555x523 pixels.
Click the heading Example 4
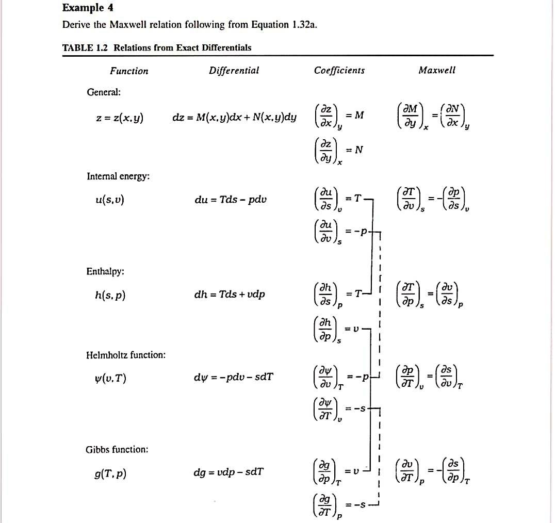pos(88,8)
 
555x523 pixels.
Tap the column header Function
pos(129,71)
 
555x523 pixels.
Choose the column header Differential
pos(234,71)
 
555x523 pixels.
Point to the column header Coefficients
pos(339,71)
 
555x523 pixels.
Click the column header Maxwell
pos(437,71)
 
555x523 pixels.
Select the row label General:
pos(104,92)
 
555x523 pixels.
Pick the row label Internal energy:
pos(118,176)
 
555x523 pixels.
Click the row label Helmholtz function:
pos(126,355)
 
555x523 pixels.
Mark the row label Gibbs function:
pos(117,449)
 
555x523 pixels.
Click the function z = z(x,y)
pos(120,118)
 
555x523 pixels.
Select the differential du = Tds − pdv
pos(231,200)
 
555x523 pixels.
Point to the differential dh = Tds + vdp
pos(230,295)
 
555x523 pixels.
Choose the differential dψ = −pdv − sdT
pos(233,377)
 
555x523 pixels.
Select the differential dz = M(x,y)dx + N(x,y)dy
pos(234,118)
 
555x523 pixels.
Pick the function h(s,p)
pos(106,296)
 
